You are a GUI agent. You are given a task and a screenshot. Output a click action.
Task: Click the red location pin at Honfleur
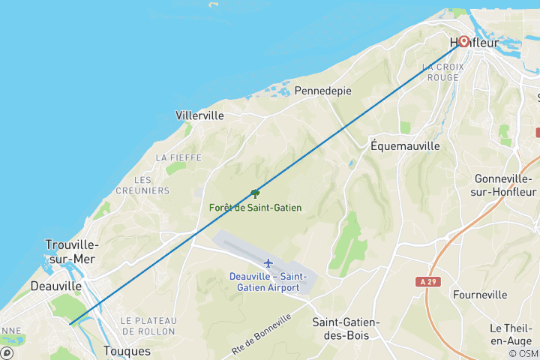click(463, 41)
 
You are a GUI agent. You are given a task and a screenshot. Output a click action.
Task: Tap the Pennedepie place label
click(323, 91)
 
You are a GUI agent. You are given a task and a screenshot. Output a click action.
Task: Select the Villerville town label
click(199, 116)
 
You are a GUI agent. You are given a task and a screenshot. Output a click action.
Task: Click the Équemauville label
click(405, 146)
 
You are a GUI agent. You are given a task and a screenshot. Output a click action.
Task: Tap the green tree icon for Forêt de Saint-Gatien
click(255, 193)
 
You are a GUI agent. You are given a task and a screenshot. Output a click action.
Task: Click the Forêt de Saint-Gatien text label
click(255, 207)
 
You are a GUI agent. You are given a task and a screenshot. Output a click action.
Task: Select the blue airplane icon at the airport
click(268, 262)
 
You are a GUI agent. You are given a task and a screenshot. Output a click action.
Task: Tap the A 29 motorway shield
click(426, 280)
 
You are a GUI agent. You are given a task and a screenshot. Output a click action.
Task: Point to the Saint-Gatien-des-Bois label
click(346, 328)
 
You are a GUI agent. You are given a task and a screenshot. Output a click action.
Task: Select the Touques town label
click(127, 351)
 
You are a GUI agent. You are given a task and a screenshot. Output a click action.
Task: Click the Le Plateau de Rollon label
click(148, 325)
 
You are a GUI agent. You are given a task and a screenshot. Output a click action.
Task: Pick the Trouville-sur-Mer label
click(71, 251)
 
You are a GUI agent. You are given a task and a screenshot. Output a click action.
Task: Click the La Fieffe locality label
click(171, 158)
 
